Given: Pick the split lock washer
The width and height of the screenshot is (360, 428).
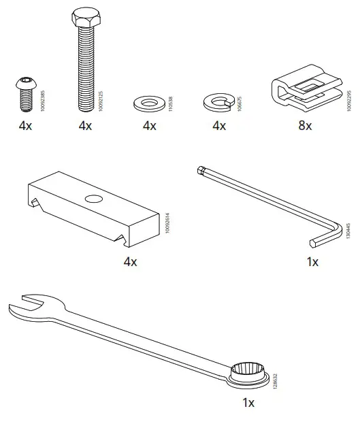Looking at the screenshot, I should click(218, 103).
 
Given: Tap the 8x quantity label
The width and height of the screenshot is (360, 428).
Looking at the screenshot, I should click(304, 126).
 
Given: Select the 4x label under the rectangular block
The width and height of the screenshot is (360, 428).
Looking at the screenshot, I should click(130, 261).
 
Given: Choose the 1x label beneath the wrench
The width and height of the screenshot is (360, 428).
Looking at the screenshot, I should click(248, 403).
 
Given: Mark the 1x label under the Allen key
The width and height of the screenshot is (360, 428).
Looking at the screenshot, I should click(312, 261).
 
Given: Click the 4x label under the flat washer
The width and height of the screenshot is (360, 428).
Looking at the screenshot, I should click(149, 126).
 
